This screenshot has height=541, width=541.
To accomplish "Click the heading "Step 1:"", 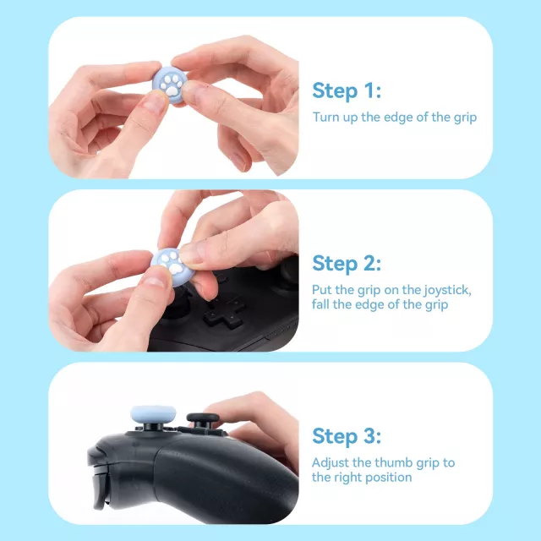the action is pyautogui.click(x=347, y=91).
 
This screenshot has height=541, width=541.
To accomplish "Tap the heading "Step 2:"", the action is pyautogui.click(x=347, y=264).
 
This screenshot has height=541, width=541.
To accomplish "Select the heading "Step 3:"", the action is pyautogui.click(x=347, y=436).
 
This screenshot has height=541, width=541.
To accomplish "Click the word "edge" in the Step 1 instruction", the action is pyautogui.click(x=398, y=117).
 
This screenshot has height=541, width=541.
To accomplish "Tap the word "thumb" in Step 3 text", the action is pyautogui.click(x=394, y=462).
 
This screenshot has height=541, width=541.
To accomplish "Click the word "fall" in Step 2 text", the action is pyautogui.click(x=320, y=304).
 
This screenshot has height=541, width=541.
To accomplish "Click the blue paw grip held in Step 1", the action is pyautogui.click(x=170, y=85).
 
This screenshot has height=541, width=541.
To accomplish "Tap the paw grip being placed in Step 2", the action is pyautogui.click(x=172, y=266).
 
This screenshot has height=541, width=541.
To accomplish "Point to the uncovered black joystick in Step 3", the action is pyautogui.click(x=203, y=419).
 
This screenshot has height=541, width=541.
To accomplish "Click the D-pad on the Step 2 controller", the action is pyautogui.click(x=224, y=312).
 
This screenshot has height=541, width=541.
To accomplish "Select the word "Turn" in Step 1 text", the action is pyautogui.click(x=326, y=117).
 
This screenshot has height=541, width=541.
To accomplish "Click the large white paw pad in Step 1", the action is pyautogui.click(x=172, y=91).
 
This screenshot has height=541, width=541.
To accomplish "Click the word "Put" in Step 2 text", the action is pyautogui.click(x=321, y=290).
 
